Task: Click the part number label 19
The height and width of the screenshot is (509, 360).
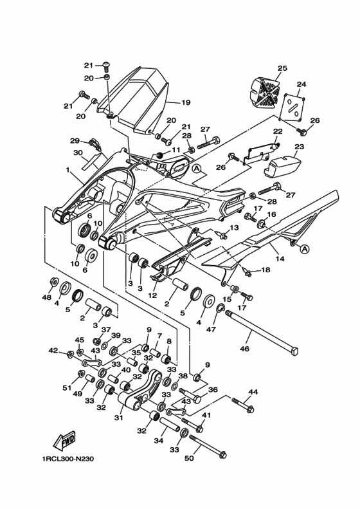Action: pyautogui.click(x=186, y=102)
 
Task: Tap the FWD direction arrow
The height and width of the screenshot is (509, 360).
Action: pyautogui.click(x=65, y=443)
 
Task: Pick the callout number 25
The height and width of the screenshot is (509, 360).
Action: pyautogui.click(x=282, y=68)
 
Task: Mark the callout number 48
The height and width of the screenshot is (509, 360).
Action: pyautogui.click(x=47, y=297)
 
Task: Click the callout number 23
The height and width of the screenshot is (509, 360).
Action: pyautogui.click(x=298, y=147)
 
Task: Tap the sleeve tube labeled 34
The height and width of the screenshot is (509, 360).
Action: pyautogui.click(x=169, y=426)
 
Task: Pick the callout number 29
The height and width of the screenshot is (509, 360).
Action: pyautogui.click(x=75, y=140)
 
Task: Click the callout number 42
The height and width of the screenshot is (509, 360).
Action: pyautogui.click(x=53, y=351)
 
